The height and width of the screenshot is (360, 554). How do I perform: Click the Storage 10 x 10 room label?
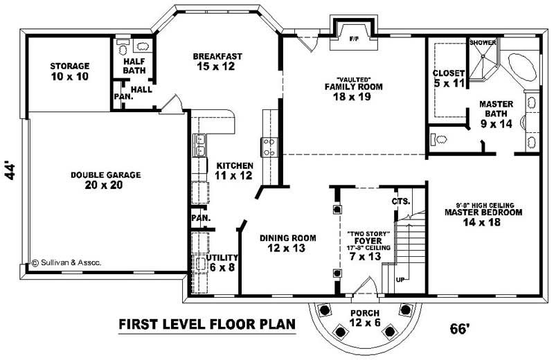pos(69,71)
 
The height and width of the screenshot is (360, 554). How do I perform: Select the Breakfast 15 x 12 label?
pos(217,61)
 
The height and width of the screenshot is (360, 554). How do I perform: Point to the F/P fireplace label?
pos(352,35)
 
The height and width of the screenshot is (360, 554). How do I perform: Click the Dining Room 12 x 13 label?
pos(287,243)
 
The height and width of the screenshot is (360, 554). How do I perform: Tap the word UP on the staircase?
pos(400,280)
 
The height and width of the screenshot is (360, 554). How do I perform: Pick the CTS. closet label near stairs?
pos(402,201)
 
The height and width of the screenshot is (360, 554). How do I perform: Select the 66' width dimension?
pos(460,328)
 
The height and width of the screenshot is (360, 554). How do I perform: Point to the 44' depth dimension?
pos(10,171)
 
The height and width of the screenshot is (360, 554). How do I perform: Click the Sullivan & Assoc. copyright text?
pos(66,262)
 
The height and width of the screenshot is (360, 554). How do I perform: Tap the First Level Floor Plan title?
pos(207,323)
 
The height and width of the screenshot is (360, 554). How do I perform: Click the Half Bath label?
pos(134,66)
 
